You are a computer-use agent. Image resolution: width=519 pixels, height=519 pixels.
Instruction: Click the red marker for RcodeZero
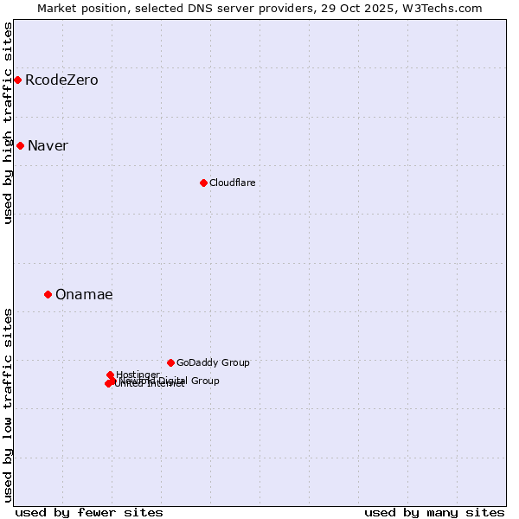pyautogui.click(x=17, y=80)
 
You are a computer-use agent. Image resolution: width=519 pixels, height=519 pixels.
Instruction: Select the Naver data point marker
pyautogui.click(x=20, y=145)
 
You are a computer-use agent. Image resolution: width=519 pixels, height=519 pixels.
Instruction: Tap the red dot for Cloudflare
pyautogui.click(x=203, y=183)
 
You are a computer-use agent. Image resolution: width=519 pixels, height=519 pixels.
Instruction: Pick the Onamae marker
pyautogui.click(x=48, y=294)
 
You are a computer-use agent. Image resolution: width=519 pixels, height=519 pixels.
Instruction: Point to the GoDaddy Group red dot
pyautogui.click(x=170, y=362)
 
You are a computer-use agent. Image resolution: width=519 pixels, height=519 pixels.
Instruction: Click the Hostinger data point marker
pyautogui.click(x=110, y=375)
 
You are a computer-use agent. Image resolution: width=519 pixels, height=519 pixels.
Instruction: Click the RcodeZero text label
pyautogui.click(x=61, y=80)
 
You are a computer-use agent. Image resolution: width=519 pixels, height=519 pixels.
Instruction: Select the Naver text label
pyautogui.click(x=48, y=145)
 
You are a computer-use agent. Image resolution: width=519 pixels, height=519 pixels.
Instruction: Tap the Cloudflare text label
pyautogui.click(x=232, y=183)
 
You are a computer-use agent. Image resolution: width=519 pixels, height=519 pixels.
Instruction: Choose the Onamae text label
pyautogui.click(x=84, y=294)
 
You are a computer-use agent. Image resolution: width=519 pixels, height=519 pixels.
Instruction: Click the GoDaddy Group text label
pyautogui.click(x=213, y=362)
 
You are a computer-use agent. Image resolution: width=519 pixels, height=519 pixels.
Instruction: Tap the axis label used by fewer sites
pyautogui.click(x=89, y=512)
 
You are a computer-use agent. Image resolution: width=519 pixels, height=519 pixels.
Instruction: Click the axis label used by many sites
pyautogui.click(x=434, y=512)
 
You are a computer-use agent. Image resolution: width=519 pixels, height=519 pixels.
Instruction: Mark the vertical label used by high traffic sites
pyautogui.click(x=8, y=123)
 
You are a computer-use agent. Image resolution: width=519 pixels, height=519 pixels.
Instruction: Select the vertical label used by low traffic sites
pyautogui.click(x=8, y=404)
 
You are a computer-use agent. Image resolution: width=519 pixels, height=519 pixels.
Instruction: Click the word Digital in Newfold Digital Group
pyautogui.click(x=170, y=381)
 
